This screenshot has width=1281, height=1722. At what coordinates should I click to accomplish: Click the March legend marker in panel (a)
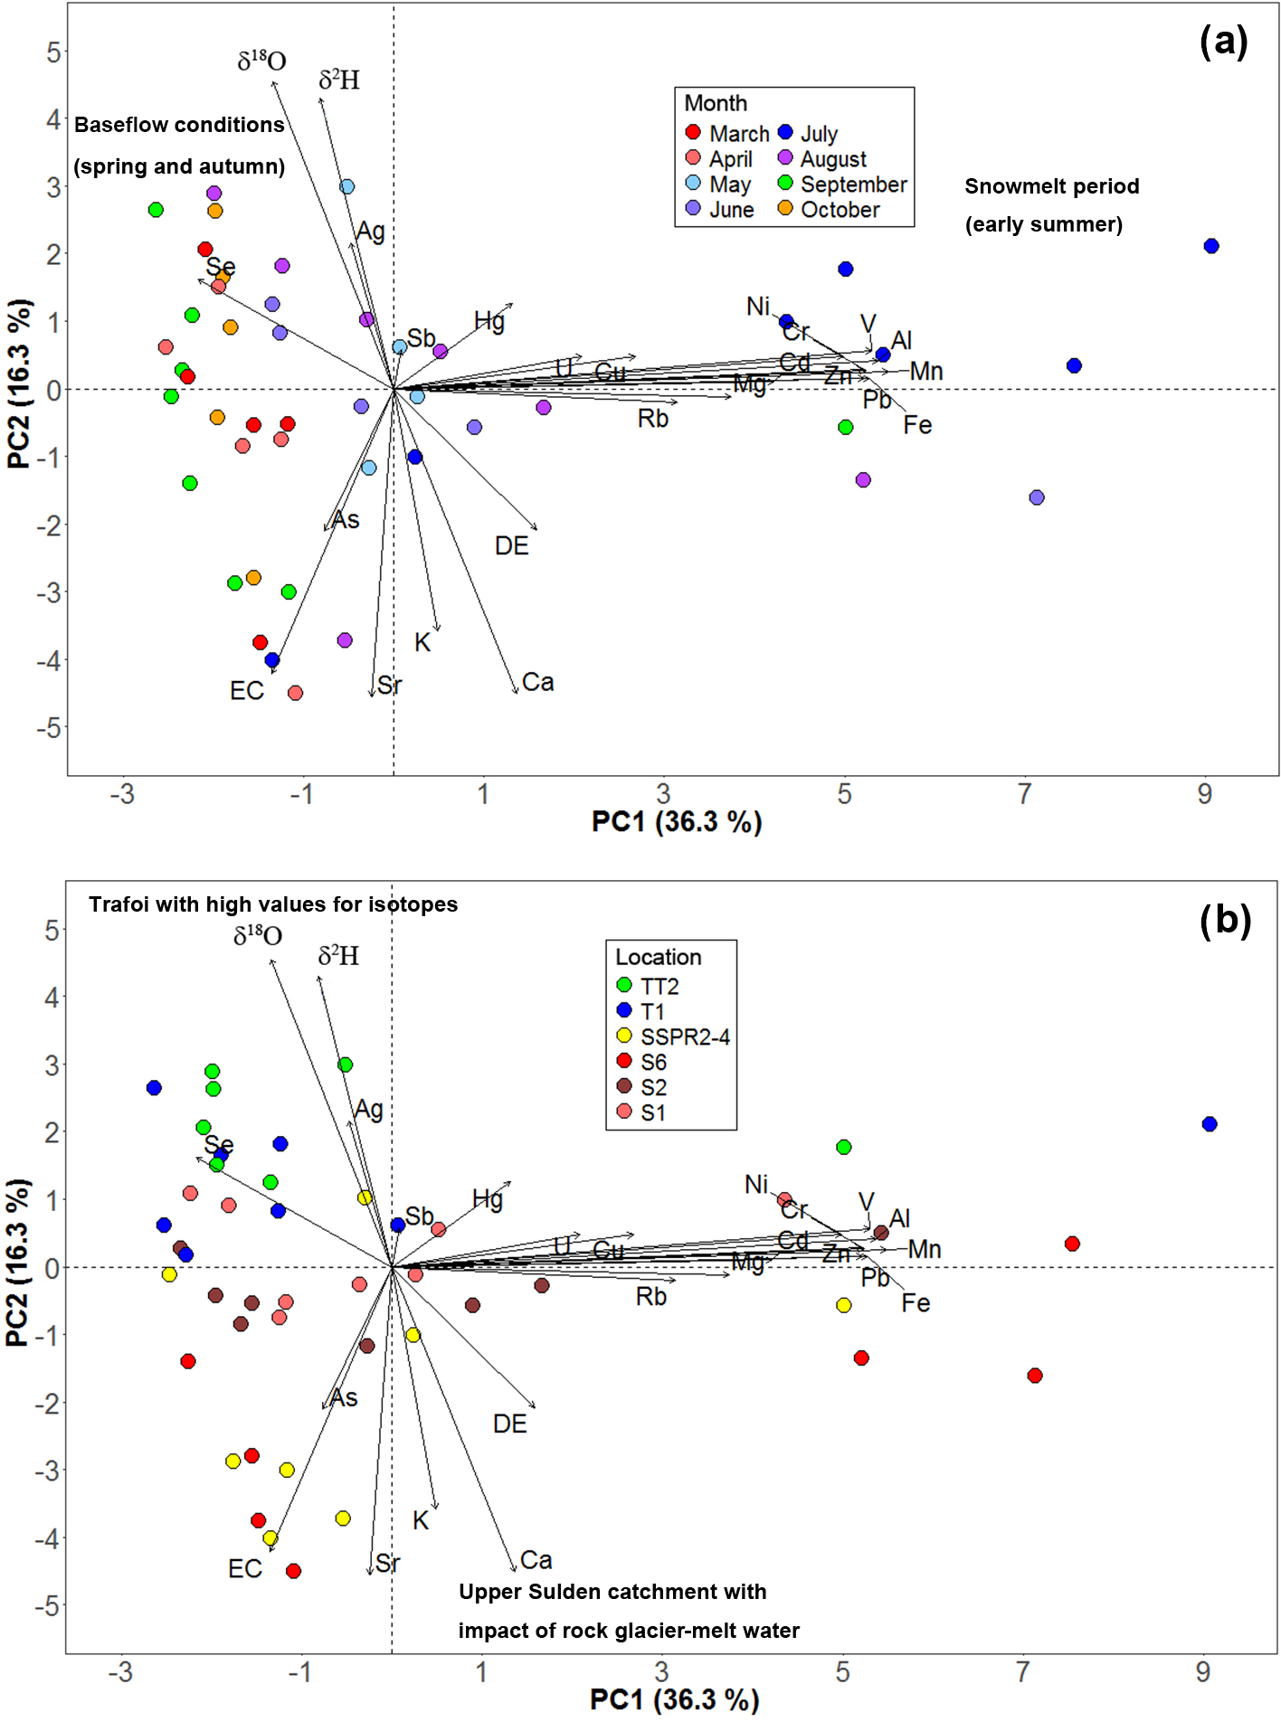tap(693, 133)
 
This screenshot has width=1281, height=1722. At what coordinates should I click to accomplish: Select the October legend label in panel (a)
tap(840, 210)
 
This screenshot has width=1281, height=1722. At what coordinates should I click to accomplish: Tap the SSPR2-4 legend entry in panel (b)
tap(685, 1036)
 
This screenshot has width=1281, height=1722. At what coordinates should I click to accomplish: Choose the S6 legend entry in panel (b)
tap(653, 1062)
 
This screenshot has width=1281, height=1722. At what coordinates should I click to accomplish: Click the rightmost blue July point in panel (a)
tap(1211, 246)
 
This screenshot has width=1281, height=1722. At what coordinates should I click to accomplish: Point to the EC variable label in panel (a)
tap(246, 691)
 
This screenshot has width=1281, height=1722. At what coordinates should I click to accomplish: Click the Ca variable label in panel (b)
tap(536, 1560)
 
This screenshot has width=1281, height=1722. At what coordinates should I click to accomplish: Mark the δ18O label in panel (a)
tap(261, 61)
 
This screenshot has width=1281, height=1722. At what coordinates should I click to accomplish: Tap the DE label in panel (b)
tap(509, 1424)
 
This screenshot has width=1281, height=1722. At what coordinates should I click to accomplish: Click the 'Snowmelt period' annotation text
tap(1051, 186)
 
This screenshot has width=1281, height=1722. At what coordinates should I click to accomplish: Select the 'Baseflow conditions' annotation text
tap(179, 125)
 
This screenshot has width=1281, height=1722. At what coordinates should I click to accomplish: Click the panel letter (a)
tap(1223, 41)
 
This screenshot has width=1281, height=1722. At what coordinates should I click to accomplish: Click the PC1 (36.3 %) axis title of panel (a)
tap(677, 821)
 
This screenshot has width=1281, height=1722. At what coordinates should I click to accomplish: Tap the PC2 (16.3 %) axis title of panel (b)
tap(17, 1263)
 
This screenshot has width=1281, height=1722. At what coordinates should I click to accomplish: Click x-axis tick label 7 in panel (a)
tap(1024, 794)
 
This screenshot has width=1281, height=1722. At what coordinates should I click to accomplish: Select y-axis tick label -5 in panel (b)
tap(48, 1606)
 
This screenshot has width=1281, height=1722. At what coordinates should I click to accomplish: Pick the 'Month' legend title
tap(715, 103)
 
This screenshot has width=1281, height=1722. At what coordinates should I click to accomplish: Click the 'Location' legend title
tap(658, 957)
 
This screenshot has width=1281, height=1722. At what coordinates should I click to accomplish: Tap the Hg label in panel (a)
tap(489, 320)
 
